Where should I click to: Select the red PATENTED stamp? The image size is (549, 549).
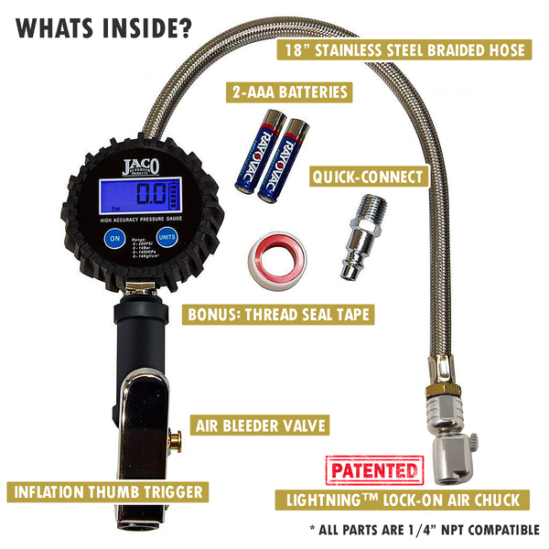(375, 472)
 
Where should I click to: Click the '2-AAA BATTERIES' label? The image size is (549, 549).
(290, 91)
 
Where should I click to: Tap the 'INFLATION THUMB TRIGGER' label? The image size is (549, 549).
(107, 491)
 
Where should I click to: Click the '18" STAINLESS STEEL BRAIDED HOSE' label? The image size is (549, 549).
(404, 49)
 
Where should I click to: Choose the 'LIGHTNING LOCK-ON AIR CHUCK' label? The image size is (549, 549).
(403, 499)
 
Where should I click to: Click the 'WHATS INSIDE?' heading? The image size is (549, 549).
(102, 27)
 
